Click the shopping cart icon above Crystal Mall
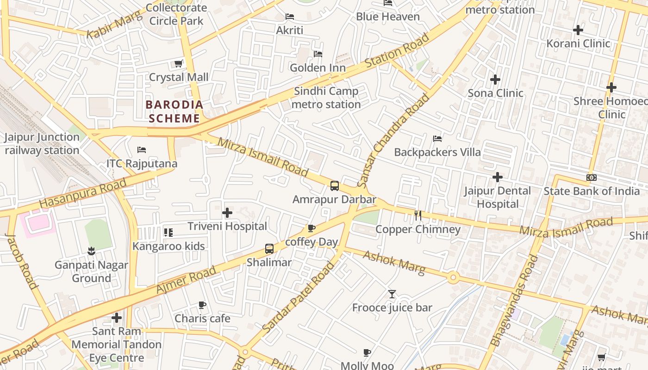click(x=178, y=63)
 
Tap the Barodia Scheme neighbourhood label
click(x=174, y=111)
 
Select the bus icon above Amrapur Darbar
click(x=334, y=186)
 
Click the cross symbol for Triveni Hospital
click(x=227, y=213)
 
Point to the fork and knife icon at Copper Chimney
click(x=418, y=215)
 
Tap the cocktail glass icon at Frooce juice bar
click(x=392, y=294)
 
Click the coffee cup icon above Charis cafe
click(x=202, y=305)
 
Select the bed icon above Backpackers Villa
click(x=437, y=138)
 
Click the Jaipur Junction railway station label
click(x=42, y=143)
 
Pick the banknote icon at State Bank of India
click(x=591, y=178)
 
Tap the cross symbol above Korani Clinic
click(x=578, y=30)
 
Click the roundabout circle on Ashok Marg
click(x=453, y=277)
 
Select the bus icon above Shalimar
click(x=269, y=249)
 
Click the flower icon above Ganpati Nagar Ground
click(x=91, y=251)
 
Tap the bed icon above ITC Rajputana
click(x=142, y=150)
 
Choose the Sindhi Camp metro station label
click(x=326, y=98)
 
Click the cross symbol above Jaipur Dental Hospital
click(x=497, y=177)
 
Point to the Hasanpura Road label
click(x=83, y=193)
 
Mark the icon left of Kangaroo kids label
click(x=168, y=232)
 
